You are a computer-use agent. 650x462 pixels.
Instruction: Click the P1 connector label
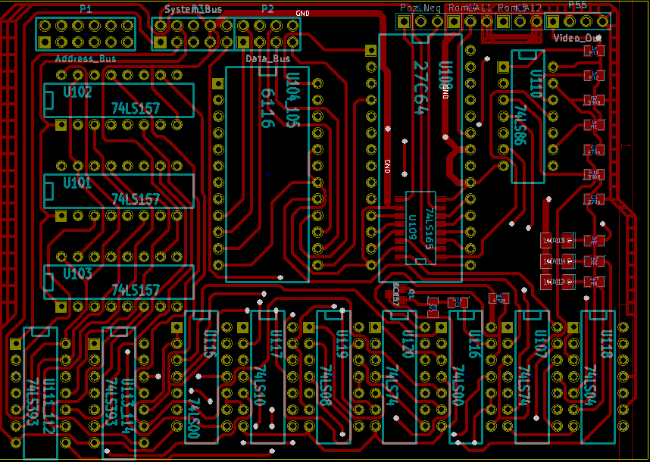coord(86,9)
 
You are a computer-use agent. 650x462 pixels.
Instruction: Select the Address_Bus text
coord(86,58)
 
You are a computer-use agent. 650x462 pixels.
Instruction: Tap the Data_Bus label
coord(268,58)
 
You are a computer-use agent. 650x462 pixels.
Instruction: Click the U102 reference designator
coord(78,92)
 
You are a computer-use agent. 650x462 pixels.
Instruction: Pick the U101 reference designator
coord(78,183)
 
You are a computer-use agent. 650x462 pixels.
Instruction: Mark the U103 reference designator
coord(78,273)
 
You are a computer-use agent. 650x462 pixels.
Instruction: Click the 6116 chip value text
coord(267,108)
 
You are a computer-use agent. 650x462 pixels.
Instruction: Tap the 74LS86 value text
coord(520,125)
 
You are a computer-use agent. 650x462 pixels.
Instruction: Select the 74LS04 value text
coord(587,389)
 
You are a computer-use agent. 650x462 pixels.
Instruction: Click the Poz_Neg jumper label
coord(420,8)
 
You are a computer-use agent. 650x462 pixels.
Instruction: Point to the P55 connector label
coord(577,5)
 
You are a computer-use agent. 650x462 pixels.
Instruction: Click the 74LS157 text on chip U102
coord(136,109)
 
